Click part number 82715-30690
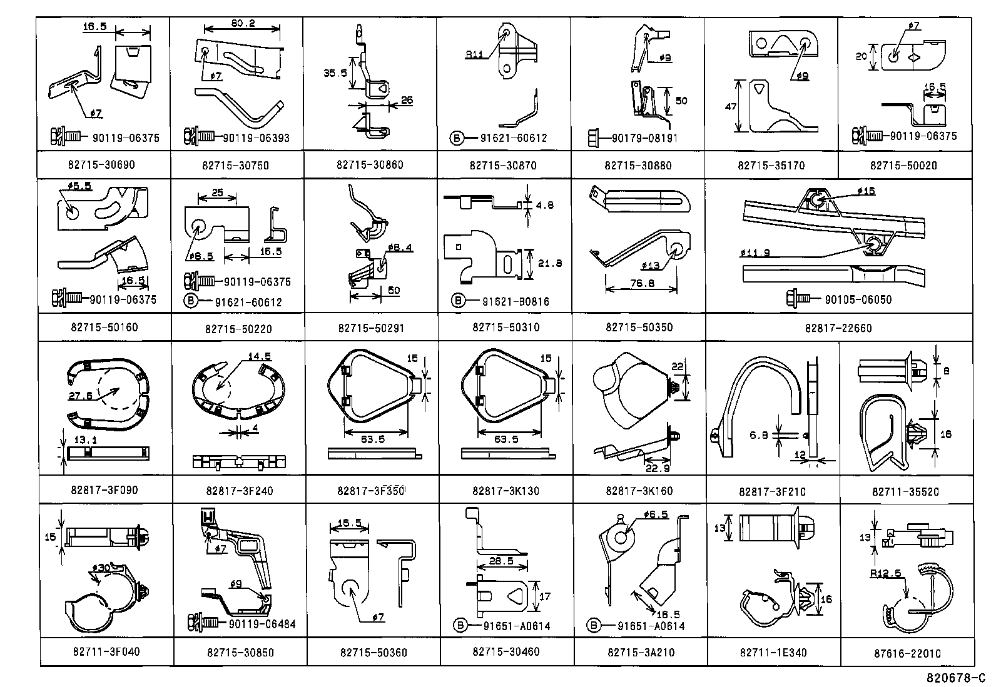click(101, 164)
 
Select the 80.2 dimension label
click(243, 24)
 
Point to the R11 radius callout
click(474, 54)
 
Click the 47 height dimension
click(730, 107)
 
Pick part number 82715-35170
click(771, 166)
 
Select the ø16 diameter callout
click(866, 191)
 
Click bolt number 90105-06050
click(858, 299)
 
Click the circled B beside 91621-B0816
click(458, 301)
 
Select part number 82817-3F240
click(238, 491)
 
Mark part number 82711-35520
click(905, 492)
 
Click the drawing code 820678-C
click(957, 678)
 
